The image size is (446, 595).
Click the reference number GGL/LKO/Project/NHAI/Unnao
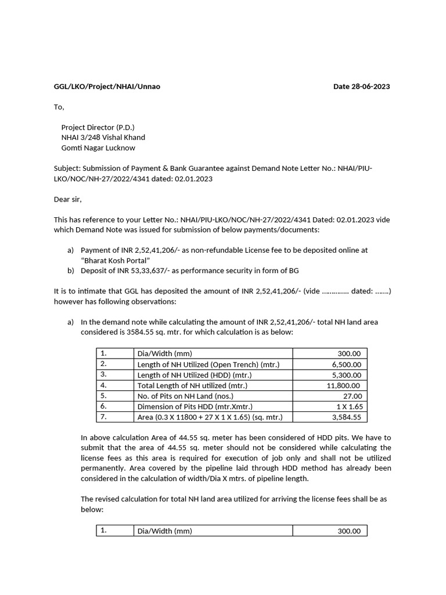tap(107, 87)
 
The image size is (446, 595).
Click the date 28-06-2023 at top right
tap(361, 87)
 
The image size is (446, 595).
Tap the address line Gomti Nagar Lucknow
tap(98, 148)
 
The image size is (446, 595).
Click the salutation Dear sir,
tap(68, 199)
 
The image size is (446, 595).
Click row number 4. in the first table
tap(104, 385)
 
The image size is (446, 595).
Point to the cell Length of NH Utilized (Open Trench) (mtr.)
tap(208, 364)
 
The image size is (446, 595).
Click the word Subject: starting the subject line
tap(67, 169)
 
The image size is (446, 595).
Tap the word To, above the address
tap(59, 107)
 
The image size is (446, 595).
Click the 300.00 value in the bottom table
tap(348, 531)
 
